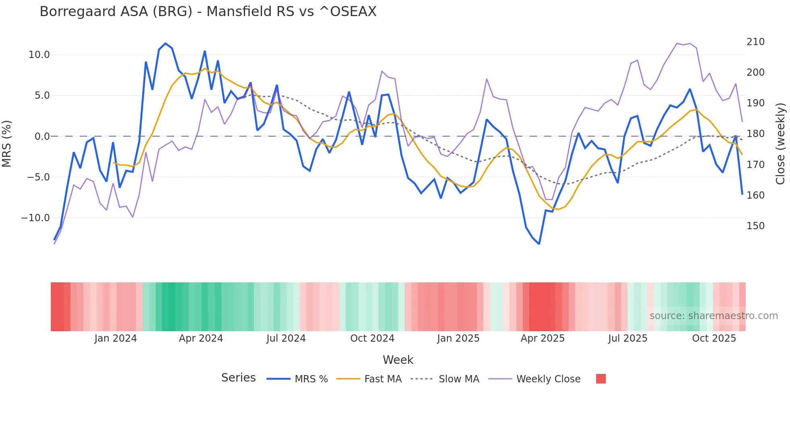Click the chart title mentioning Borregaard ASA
208,12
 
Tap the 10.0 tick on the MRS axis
39,55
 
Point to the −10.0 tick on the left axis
35,218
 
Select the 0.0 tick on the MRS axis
42,137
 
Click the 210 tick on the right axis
755,42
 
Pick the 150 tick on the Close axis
755,226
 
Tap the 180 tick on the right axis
755,134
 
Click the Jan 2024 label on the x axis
116,338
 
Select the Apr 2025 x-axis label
543,338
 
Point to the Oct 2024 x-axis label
372,338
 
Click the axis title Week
398,360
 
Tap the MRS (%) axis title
7,143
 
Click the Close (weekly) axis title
780,144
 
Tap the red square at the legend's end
601,379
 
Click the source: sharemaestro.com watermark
713,316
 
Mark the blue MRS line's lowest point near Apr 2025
539,244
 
